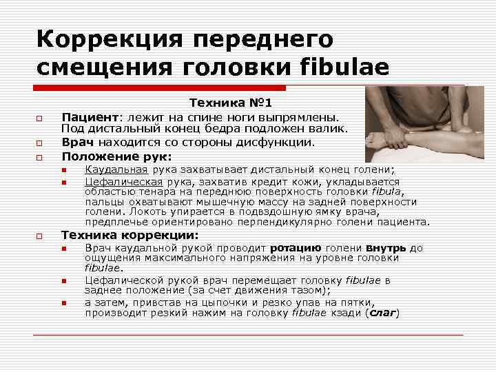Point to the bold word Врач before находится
(x=74, y=142)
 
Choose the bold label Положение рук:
(x=116, y=156)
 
